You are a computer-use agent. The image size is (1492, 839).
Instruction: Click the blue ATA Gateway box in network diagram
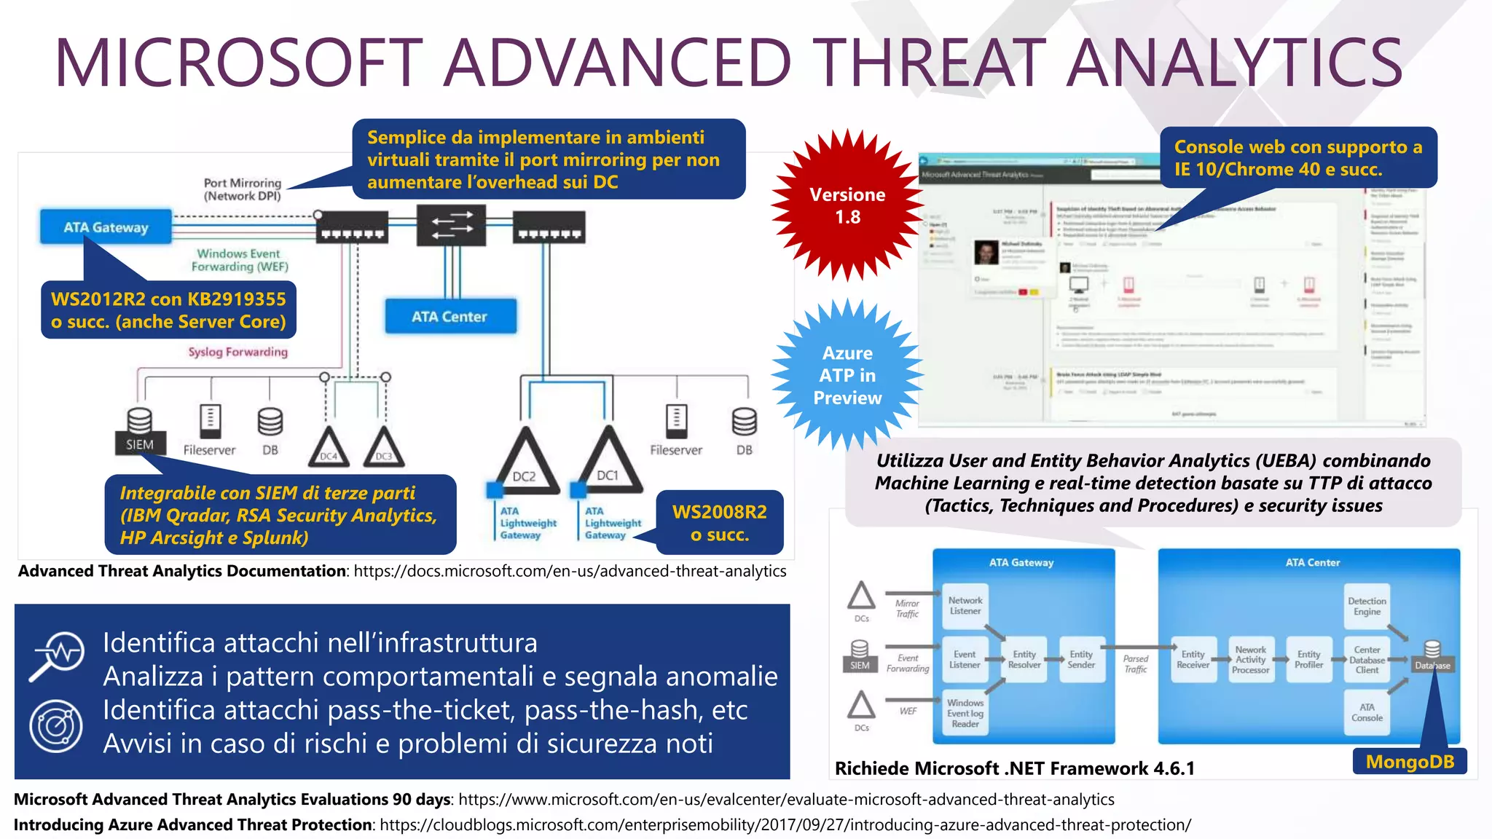click(x=106, y=227)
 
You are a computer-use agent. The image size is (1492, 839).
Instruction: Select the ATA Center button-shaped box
click(x=450, y=317)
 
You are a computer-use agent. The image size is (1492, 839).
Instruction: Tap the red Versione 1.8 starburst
click(x=847, y=205)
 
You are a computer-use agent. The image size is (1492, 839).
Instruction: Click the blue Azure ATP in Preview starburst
click(x=847, y=375)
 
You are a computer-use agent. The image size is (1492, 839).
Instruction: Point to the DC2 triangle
click(x=525, y=466)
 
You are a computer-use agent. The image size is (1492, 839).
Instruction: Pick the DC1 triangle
click(x=609, y=465)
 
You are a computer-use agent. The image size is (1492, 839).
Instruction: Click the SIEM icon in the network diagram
click(x=139, y=431)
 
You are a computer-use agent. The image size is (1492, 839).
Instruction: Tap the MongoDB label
click(x=1410, y=762)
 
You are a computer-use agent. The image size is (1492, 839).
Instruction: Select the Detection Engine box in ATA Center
click(x=1367, y=607)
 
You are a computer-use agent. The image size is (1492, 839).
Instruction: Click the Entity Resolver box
click(x=1024, y=660)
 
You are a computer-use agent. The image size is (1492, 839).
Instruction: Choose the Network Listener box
click(x=965, y=606)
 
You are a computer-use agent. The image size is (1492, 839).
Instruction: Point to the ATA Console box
click(x=1367, y=712)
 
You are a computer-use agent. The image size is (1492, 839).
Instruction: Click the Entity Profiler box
click(x=1308, y=660)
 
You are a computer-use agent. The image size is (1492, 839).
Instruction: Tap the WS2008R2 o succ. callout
click(x=719, y=523)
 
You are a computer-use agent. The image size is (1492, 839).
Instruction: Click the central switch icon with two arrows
click(x=451, y=225)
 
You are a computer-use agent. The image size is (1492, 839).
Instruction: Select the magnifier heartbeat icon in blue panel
click(x=57, y=655)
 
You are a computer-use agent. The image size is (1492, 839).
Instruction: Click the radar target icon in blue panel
click(x=56, y=726)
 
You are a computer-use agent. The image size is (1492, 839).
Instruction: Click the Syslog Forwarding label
click(x=237, y=352)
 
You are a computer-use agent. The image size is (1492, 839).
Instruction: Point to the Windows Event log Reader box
click(x=965, y=713)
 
